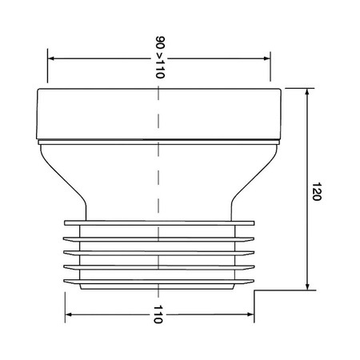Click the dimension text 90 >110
(x=160, y=57)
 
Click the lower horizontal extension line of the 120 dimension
(x=280, y=291)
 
